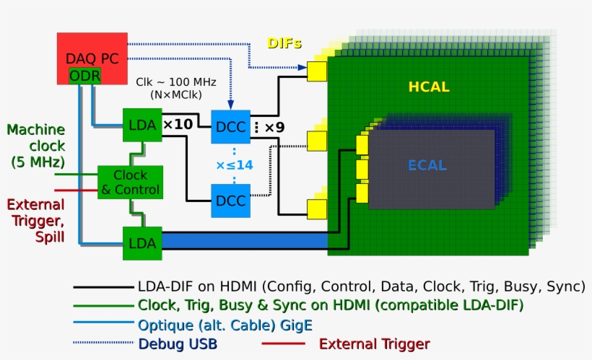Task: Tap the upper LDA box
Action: click(142, 125)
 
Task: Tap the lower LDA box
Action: click(142, 243)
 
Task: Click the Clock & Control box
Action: click(130, 183)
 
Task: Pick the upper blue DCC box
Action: click(230, 128)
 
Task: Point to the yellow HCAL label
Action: click(429, 87)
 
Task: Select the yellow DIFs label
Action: click(284, 43)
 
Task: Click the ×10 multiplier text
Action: click(178, 125)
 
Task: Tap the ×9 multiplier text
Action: click(274, 128)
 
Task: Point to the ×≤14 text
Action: click(235, 165)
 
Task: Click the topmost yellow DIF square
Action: click(316, 71)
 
